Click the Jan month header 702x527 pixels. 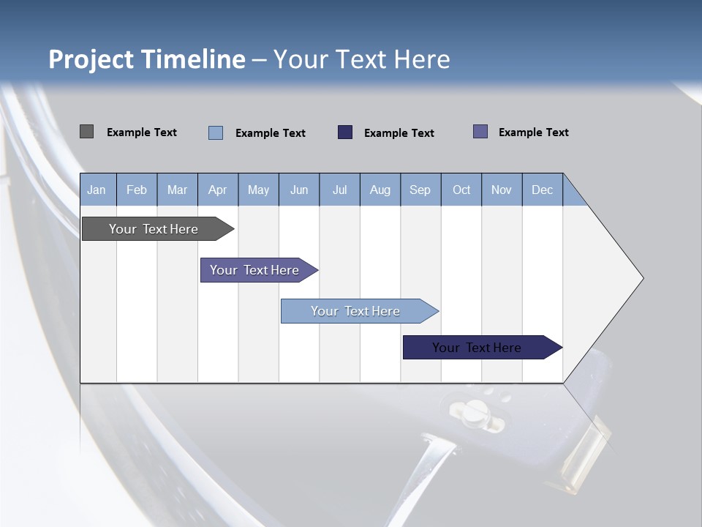97,190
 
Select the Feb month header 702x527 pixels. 137,190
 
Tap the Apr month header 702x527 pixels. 218,190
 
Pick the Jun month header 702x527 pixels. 299,190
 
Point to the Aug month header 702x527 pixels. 380,190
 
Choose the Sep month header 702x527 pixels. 420,190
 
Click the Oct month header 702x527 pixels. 461,190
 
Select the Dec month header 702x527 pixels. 543,190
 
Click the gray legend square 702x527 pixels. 86,132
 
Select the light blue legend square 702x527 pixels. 216,132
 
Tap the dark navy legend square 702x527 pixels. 345,132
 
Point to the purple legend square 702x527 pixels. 480,132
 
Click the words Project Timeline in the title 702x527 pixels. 146,59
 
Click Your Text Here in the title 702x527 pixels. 362,59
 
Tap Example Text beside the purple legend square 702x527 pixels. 533,132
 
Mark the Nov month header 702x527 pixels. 502,190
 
